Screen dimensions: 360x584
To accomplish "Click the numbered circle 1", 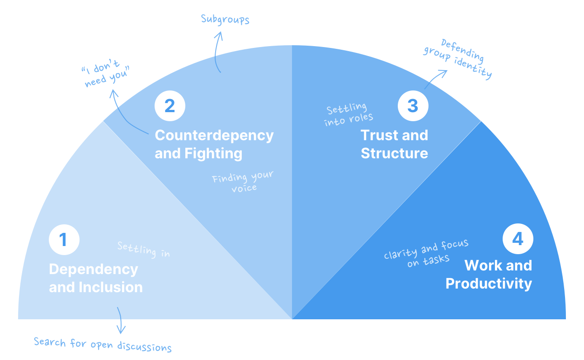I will (x=64, y=239).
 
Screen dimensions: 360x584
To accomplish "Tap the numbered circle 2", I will (x=170, y=105).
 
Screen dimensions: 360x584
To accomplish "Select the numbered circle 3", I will (x=413, y=105).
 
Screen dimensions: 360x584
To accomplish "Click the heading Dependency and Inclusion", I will (x=95, y=278).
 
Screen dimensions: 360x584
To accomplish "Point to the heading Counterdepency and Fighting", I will (x=214, y=144).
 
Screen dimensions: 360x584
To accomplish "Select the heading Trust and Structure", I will (x=394, y=144).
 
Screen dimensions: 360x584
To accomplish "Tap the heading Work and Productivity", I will (x=489, y=274).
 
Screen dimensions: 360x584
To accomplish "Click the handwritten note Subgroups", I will (x=225, y=19).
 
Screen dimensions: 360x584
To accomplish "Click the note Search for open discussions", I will (x=103, y=344).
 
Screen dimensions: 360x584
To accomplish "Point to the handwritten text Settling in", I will (x=144, y=249).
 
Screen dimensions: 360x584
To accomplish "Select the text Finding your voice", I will (x=243, y=181).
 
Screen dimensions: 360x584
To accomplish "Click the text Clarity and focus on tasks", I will (x=426, y=253).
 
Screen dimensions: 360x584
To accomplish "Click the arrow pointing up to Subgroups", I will (x=217, y=52).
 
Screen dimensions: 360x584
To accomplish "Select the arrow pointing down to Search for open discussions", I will (x=120, y=320).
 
